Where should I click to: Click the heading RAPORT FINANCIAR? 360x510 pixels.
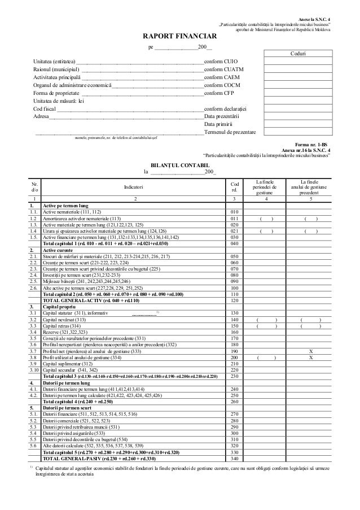pos(180,37)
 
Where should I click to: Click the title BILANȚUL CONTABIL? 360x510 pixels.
pos(180,164)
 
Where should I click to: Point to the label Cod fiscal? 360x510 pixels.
pos(45,108)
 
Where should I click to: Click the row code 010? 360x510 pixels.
pos(235,212)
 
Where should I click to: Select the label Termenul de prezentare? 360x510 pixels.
pos(230,132)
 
